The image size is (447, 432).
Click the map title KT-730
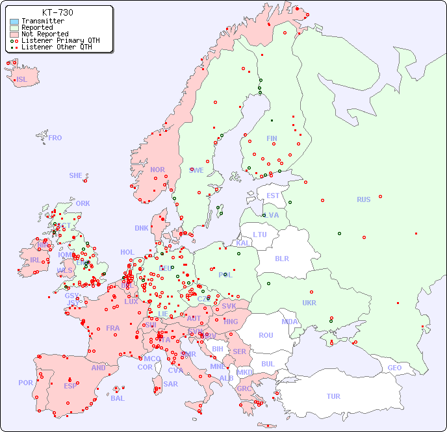57,12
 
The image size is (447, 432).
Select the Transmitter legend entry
42,21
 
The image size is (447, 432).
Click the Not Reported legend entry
44,34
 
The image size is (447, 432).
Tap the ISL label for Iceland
22,80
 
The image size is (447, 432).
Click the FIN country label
272,138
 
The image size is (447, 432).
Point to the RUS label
363,200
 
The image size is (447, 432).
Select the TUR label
333,396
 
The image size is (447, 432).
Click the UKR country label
309,303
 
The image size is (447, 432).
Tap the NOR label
157,170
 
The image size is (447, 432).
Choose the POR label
25,383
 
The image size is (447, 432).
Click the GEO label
394,368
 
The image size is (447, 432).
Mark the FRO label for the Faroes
55,138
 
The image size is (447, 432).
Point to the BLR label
281,258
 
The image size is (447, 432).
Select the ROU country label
266,335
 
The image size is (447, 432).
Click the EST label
273,196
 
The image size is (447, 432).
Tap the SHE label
76,175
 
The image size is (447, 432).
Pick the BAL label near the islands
118,398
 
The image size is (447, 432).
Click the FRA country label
113,328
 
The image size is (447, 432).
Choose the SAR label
170,384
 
